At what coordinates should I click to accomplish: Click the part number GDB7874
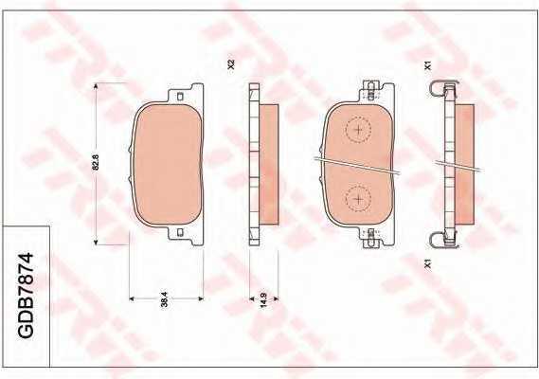tap(27, 296)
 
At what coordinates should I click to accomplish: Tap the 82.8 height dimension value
tap(96, 162)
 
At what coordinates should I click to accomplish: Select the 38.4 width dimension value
tap(165, 299)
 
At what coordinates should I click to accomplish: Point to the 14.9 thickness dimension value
tap(263, 299)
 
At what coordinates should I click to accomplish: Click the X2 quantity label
tap(231, 64)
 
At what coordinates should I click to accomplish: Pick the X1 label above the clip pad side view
tap(428, 65)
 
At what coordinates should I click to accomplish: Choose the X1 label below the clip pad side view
tap(428, 263)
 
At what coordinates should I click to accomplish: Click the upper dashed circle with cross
tap(358, 130)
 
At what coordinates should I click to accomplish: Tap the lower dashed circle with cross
tap(358, 199)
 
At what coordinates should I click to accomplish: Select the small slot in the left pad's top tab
tap(179, 97)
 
